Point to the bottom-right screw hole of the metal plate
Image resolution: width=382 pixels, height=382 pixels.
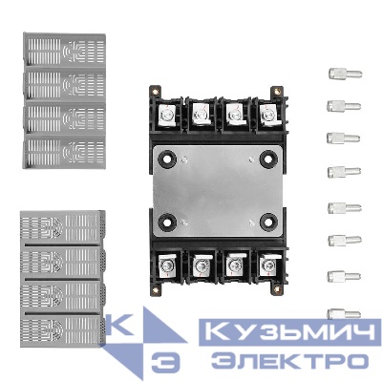(267, 221)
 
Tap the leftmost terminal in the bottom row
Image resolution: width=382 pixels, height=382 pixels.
(168, 263)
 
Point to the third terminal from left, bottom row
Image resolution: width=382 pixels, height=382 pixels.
(234, 263)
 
